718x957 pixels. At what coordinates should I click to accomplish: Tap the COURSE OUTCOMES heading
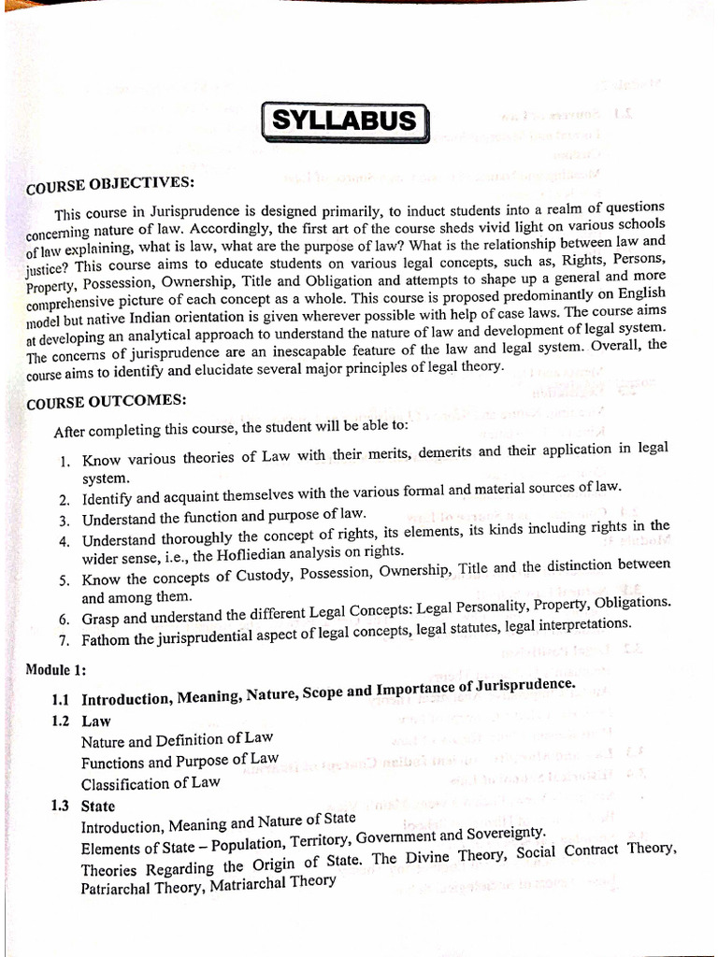click(x=107, y=403)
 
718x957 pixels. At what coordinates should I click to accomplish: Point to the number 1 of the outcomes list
click(x=64, y=462)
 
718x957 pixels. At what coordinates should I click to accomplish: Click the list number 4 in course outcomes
click(x=64, y=541)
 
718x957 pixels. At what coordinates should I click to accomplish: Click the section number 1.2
click(x=62, y=721)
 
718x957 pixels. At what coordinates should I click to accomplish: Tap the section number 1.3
click(x=62, y=806)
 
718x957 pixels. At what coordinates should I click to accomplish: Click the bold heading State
click(x=98, y=806)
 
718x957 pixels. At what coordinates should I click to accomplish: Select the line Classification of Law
click(x=151, y=783)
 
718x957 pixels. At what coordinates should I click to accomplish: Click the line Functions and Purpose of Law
click(x=179, y=761)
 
